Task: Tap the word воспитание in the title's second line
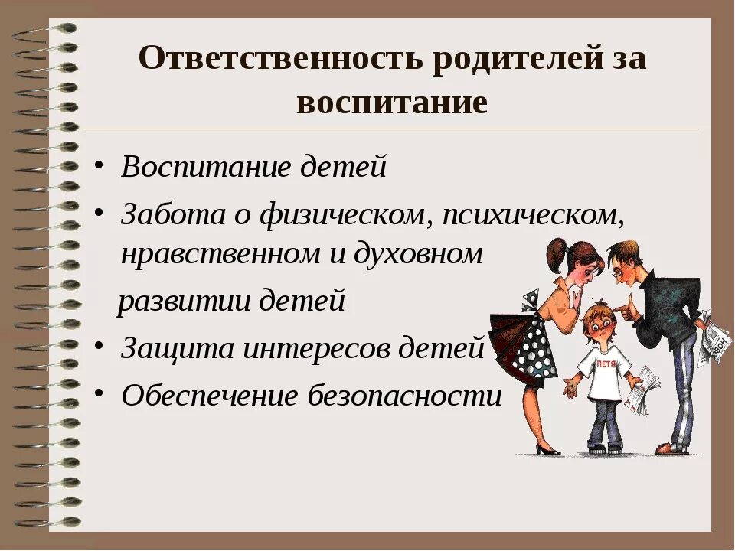[x=391, y=102]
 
